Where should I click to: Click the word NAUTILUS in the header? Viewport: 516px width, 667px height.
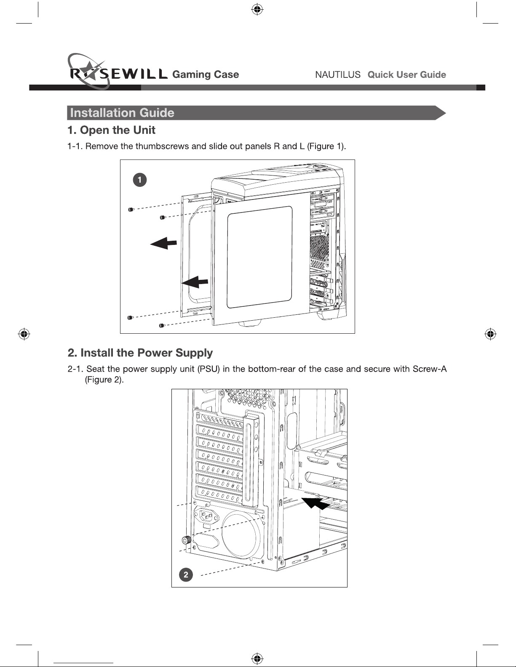click(x=338, y=75)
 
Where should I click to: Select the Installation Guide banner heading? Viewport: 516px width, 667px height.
click(x=122, y=113)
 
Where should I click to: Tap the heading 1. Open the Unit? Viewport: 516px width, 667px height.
click(x=111, y=130)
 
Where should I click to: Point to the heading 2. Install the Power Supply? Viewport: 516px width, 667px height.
click(x=140, y=353)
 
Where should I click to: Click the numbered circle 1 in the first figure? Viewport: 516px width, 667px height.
click(x=140, y=180)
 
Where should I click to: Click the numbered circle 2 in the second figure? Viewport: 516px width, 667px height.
click(x=186, y=574)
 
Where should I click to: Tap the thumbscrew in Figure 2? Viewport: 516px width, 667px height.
click(x=185, y=540)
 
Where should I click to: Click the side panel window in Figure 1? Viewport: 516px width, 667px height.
click(x=259, y=257)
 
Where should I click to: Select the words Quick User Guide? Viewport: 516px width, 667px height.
click(x=406, y=75)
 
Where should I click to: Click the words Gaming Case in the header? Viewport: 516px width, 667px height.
click(x=206, y=74)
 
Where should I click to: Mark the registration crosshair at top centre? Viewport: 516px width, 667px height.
click(x=257, y=9)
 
